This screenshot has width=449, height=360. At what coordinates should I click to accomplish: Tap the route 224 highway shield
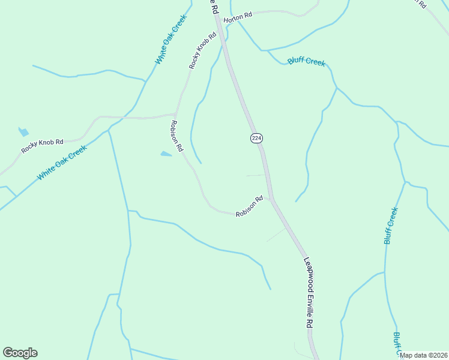click(256, 138)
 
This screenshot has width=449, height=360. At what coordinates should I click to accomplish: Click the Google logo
click(20, 353)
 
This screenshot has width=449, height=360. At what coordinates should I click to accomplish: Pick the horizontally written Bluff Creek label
click(306, 62)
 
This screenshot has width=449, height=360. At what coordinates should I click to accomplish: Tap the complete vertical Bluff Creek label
click(391, 226)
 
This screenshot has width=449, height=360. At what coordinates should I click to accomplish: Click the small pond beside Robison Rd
click(166, 154)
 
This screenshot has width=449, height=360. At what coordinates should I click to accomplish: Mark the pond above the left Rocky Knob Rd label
click(23, 132)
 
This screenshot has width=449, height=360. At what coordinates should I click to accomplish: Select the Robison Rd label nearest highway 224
click(249, 206)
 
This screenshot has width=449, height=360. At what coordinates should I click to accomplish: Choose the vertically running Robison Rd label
click(176, 136)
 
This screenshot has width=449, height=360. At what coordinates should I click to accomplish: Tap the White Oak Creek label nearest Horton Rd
click(171, 40)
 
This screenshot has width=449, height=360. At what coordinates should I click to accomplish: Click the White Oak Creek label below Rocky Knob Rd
click(62, 163)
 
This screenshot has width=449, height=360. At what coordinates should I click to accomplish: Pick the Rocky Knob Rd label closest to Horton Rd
click(202, 52)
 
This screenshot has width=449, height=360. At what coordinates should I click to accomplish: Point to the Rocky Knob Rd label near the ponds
click(42, 146)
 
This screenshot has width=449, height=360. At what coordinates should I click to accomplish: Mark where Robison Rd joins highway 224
click(271, 198)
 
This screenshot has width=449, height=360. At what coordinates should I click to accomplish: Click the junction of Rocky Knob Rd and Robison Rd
click(175, 113)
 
